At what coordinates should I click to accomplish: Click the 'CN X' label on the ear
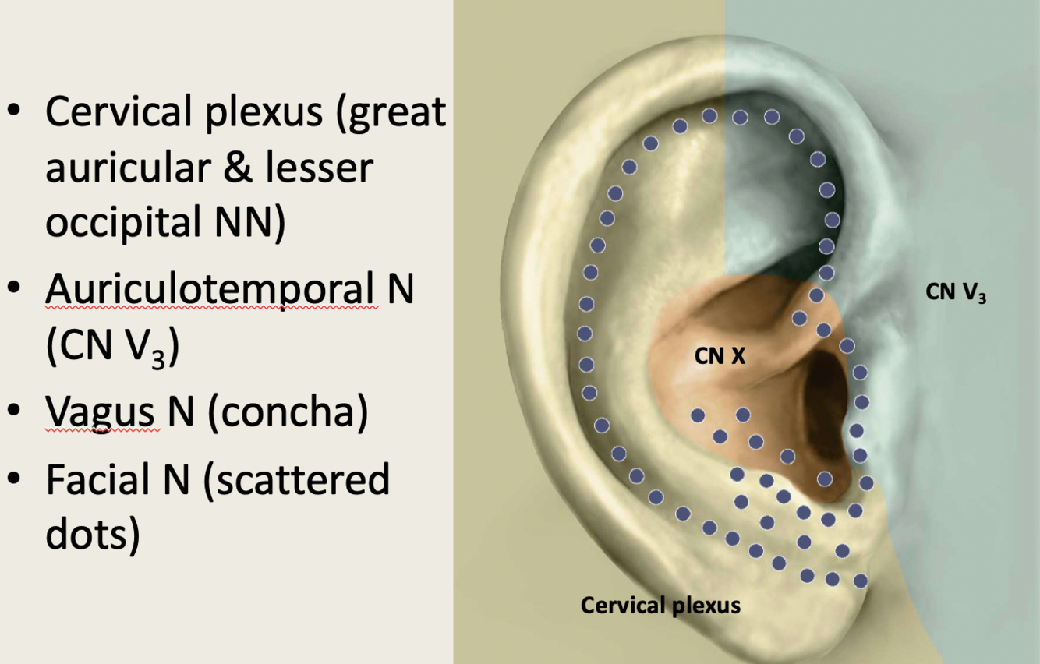pyautogui.click(x=720, y=357)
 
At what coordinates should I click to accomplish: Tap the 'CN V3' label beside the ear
pyautogui.click(x=956, y=293)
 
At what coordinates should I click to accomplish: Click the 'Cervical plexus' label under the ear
pyautogui.click(x=660, y=605)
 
